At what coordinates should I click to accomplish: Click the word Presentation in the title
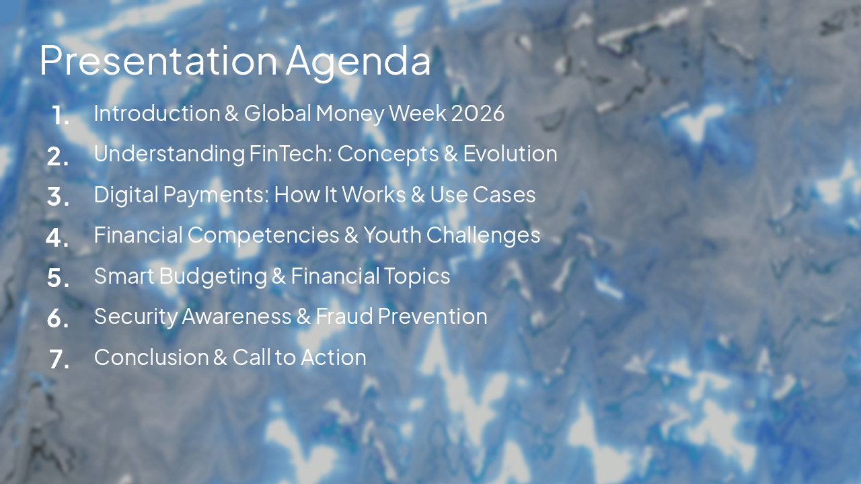[x=158, y=61]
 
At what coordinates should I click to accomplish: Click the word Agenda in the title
[x=358, y=62]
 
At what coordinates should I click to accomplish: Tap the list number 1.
[x=61, y=116]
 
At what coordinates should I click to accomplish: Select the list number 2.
[x=59, y=157]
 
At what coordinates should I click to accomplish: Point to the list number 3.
[x=59, y=197]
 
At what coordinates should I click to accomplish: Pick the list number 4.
[x=58, y=237]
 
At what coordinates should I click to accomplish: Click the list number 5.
[x=59, y=278]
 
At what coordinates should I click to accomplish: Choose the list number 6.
[x=59, y=319]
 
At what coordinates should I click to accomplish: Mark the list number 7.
[x=59, y=359]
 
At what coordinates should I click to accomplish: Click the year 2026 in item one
[x=478, y=113]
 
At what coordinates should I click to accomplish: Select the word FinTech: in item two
[x=290, y=153]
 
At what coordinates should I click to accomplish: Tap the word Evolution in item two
[x=511, y=153]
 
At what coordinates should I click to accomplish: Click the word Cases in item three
[x=504, y=194]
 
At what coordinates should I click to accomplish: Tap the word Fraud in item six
[x=344, y=316]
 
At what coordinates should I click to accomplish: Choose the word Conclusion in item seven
[x=151, y=357]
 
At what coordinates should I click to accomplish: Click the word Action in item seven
[x=334, y=357]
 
